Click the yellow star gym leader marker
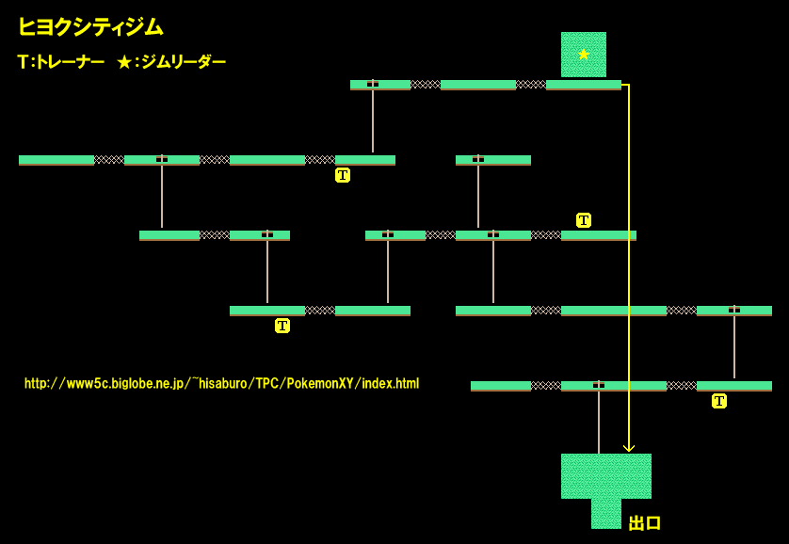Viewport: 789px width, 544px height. [584, 55]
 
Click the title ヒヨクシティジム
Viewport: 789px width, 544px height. [90, 27]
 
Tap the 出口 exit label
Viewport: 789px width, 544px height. [645, 523]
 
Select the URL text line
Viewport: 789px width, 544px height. [221, 384]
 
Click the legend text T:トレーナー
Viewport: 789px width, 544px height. [60, 62]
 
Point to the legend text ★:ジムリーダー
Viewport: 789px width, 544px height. [171, 62]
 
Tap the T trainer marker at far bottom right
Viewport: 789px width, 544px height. [719, 401]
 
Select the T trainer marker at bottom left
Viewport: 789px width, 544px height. [282, 326]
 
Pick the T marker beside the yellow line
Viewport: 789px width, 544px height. [584, 220]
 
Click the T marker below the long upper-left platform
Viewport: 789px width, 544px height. [343, 175]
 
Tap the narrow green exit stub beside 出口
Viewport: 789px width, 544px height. [606, 514]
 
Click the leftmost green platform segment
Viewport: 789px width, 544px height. [56, 160]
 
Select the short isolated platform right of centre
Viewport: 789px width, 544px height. [493, 160]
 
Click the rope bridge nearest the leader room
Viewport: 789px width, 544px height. [531, 85]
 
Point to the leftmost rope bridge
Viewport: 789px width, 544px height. [109, 160]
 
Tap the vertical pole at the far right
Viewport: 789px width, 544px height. [734, 345]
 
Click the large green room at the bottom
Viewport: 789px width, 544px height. [606, 475]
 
